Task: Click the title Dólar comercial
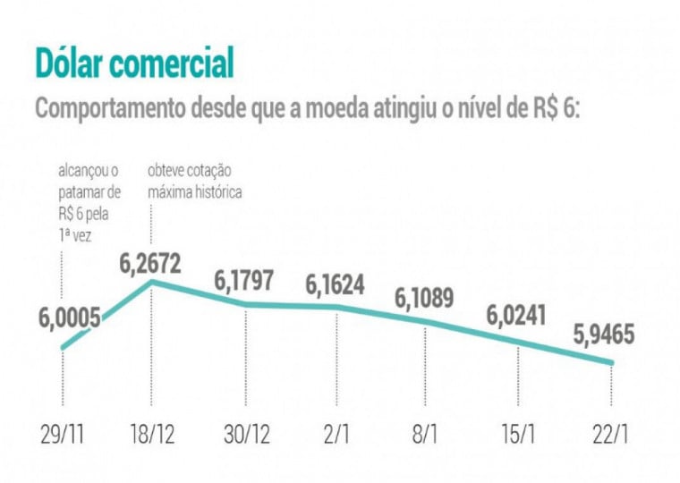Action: coord(134,64)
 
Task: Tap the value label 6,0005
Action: coord(70,318)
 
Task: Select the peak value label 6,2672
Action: coord(150,265)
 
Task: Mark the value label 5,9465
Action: coord(605,336)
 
